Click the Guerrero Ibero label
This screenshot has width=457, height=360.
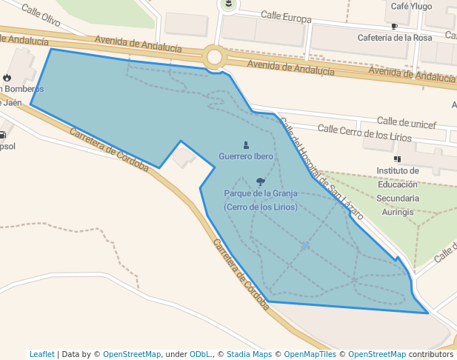pyautogui.click(x=245, y=157)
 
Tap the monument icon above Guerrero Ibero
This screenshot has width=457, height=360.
pyautogui.click(x=246, y=145)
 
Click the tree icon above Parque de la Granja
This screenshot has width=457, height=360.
pyautogui.click(x=260, y=181)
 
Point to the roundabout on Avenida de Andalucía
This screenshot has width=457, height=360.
pyautogui.click(x=216, y=57)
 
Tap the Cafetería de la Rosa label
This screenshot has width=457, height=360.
pyautogui.click(x=394, y=38)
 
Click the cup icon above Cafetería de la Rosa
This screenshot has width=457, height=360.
pyautogui.click(x=394, y=27)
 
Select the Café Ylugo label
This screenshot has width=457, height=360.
pyautogui.click(x=411, y=7)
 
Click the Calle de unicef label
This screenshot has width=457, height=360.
pyautogui.click(x=407, y=122)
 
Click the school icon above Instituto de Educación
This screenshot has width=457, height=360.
pyautogui.click(x=398, y=159)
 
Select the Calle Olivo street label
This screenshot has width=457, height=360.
pyautogui.click(x=41, y=14)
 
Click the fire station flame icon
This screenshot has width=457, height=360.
pyautogui.click(x=7, y=77)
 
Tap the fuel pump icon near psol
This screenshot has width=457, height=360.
pyautogui.click(x=3, y=135)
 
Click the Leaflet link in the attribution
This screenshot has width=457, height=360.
pyautogui.click(x=41, y=354)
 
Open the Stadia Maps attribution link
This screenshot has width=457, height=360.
pyautogui.click(x=247, y=354)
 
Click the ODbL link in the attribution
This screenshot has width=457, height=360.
pyautogui.click(x=199, y=354)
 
